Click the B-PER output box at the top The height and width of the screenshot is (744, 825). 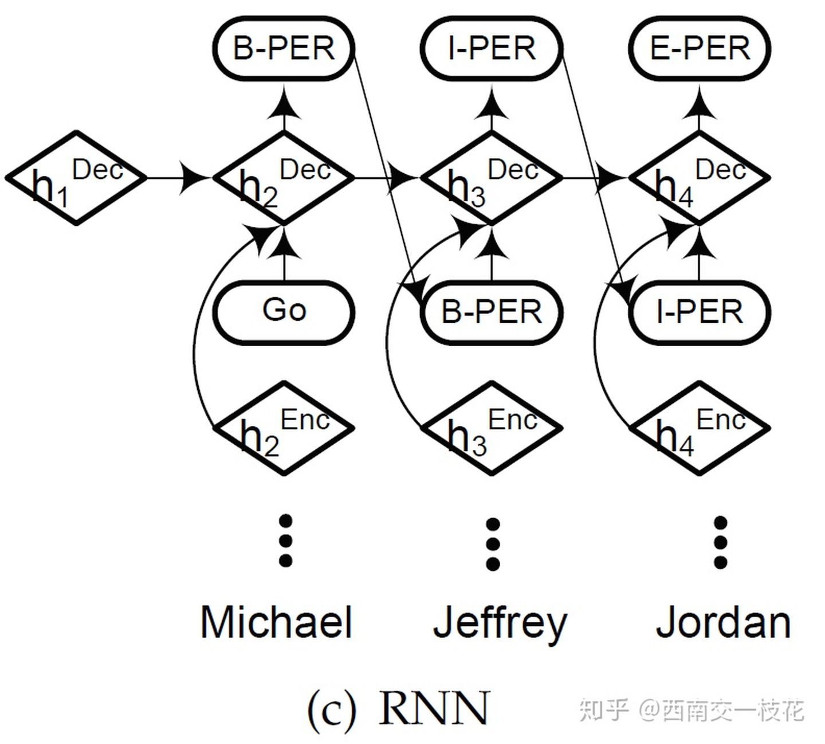click(284, 48)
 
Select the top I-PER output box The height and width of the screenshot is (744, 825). click(492, 48)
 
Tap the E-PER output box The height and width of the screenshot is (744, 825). click(700, 48)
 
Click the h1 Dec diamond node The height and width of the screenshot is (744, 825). click(76, 178)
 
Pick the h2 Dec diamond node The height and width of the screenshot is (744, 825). click(284, 178)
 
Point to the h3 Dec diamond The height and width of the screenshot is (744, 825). click(492, 178)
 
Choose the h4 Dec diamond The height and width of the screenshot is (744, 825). click(700, 178)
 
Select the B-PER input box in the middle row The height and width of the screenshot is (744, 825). click(492, 312)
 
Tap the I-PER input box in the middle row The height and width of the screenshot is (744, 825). click(700, 312)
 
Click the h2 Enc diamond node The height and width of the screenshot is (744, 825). click(284, 428)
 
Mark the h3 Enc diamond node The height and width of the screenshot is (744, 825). click(492, 428)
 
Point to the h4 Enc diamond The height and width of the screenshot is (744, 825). click(700, 428)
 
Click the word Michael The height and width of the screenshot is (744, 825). click(276, 622)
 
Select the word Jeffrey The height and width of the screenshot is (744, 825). click(500, 624)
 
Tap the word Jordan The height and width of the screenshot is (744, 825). click(723, 622)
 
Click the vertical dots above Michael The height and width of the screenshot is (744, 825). click(285, 541)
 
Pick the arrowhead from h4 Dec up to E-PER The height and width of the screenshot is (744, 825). click(699, 107)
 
